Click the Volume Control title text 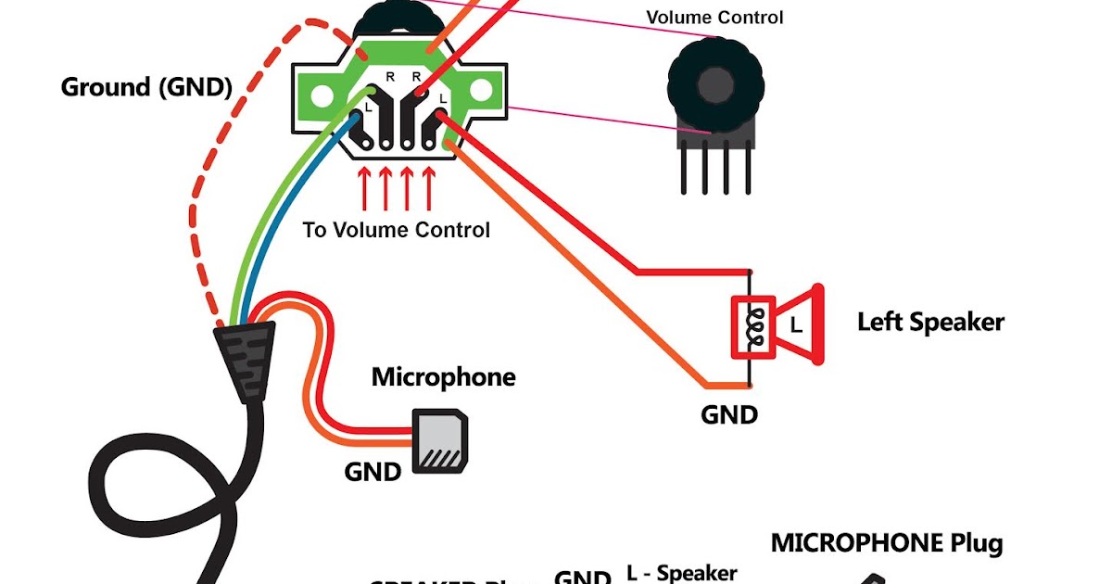[x=714, y=18]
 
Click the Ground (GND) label [x=145, y=87]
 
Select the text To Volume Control [x=396, y=229]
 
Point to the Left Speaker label [x=929, y=323]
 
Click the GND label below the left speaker [x=728, y=414]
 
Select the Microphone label [x=443, y=377]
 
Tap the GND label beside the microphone [x=373, y=472]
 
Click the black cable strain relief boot [x=245, y=361]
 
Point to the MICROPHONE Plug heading [x=886, y=543]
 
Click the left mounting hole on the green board [x=322, y=94]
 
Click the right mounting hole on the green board [x=481, y=91]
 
